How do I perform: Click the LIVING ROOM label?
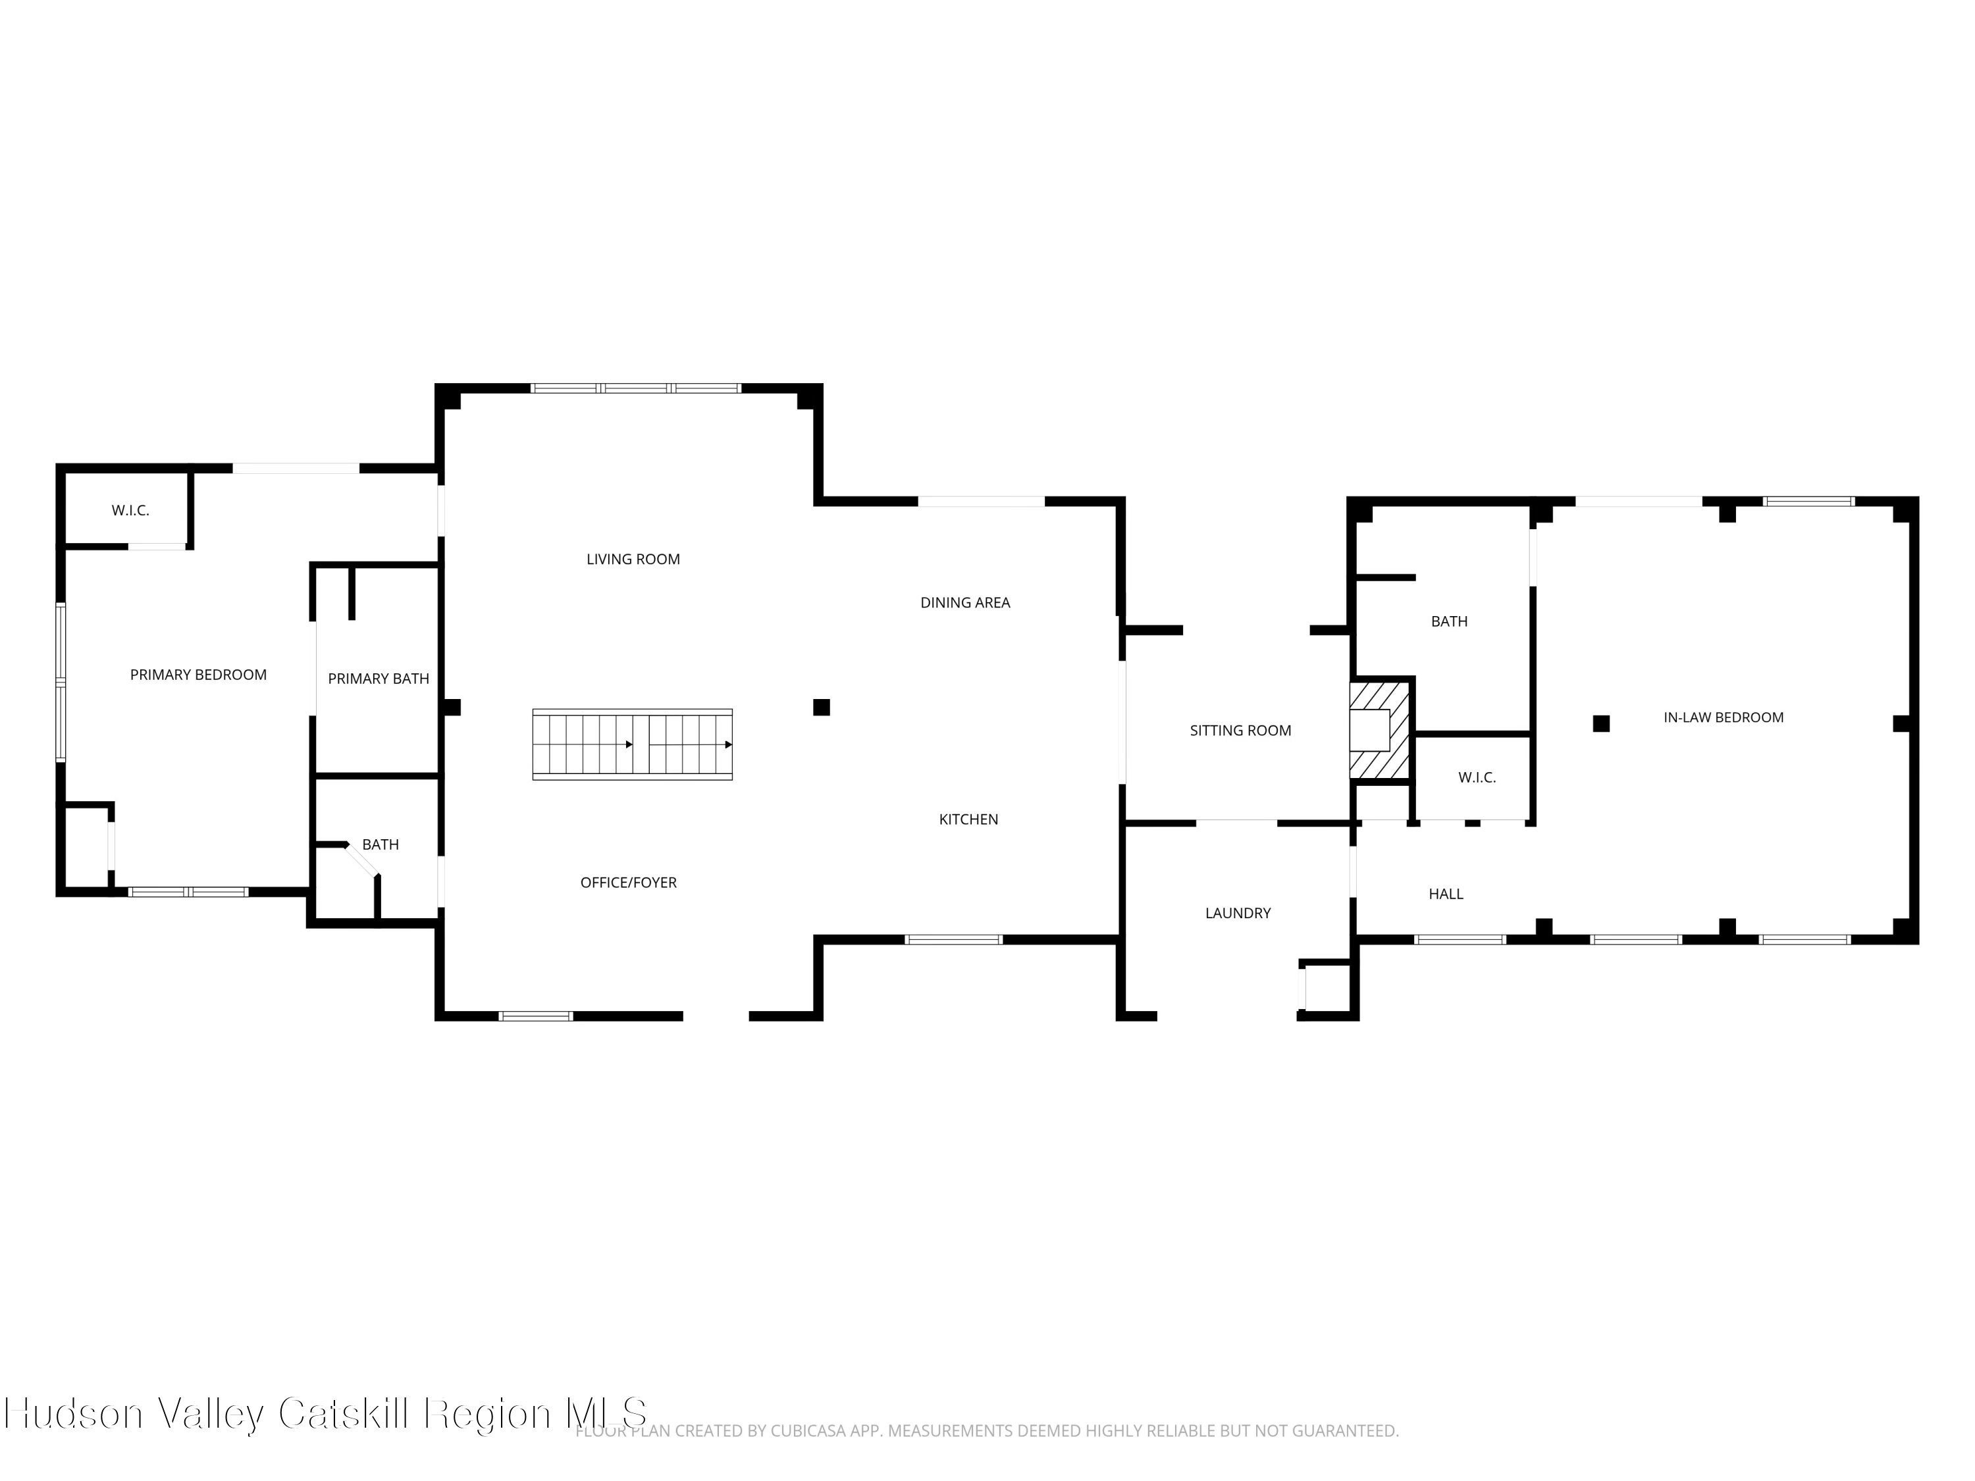click(633, 559)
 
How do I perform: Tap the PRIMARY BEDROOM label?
click(198, 675)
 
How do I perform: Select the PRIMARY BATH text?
click(379, 679)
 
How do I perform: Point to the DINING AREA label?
click(965, 602)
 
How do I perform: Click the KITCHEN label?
click(969, 819)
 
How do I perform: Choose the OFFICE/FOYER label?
click(629, 882)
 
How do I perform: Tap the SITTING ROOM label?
click(1240, 730)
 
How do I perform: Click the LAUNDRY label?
click(1238, 912)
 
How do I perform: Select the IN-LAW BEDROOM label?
click(1724, 717)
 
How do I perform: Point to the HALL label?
click(1446, 894)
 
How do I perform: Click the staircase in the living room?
click(632, 744)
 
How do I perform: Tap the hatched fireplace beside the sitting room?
click(1379, 729)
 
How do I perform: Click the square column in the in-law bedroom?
click(1601, 723)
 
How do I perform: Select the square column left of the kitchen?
click(822, 707)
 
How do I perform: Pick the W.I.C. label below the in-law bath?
click(1477, 777)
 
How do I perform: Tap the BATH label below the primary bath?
click(381, 844)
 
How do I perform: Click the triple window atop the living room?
click(636, 388)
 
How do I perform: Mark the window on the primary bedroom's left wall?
click(61, 682)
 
